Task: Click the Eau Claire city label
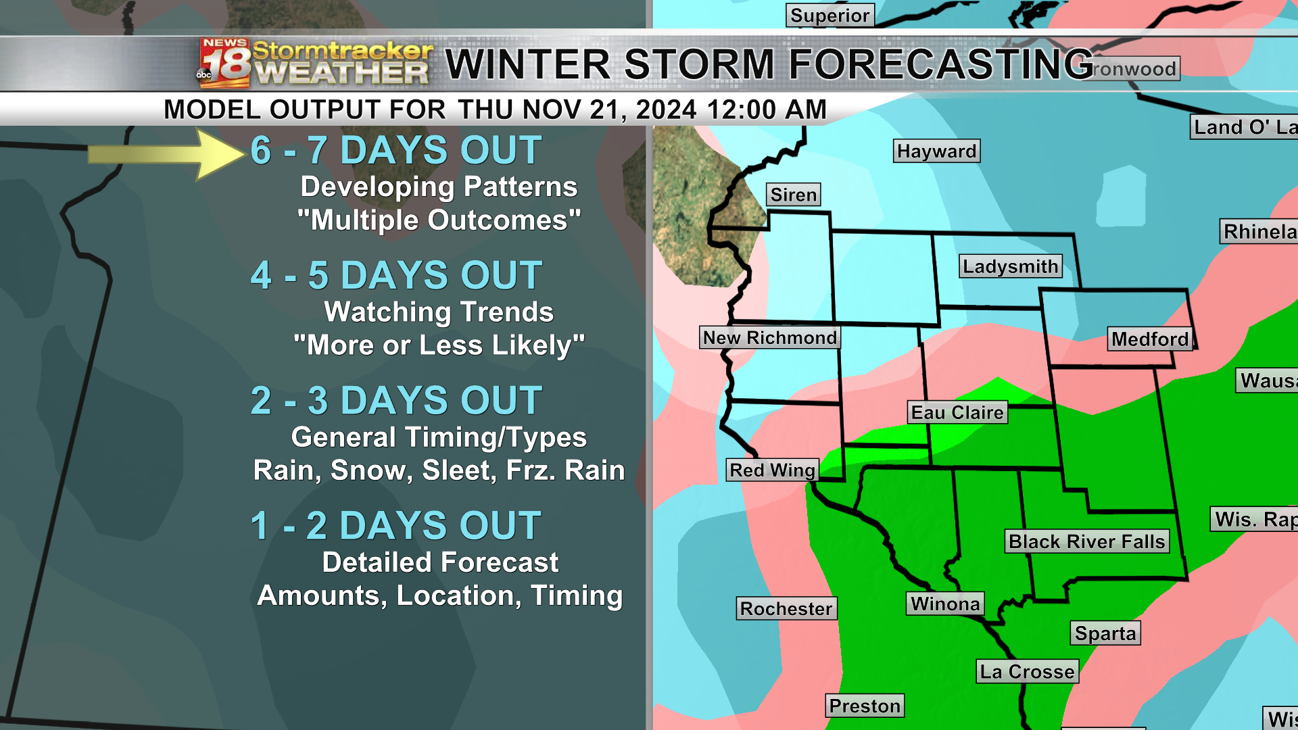(957, 412)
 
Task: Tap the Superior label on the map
(830, 15)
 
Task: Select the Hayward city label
(936, 151)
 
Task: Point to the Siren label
(793, 195)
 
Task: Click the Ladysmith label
(1010, 266)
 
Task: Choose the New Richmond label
(770, 337)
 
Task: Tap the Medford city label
(1149, 339)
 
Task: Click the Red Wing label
(772, 470)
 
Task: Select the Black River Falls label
(1086, 541)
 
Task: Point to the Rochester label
(786, 608)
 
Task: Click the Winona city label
(944, 604)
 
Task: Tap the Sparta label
(1105, 633)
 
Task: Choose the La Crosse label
(1027, 671)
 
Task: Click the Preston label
(865, 706)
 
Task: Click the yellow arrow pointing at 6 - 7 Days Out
(166, 154)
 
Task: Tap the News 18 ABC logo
(224, 64)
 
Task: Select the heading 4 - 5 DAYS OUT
(396, 275)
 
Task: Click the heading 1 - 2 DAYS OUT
(396, 525)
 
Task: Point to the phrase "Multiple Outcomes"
(439, 220)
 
